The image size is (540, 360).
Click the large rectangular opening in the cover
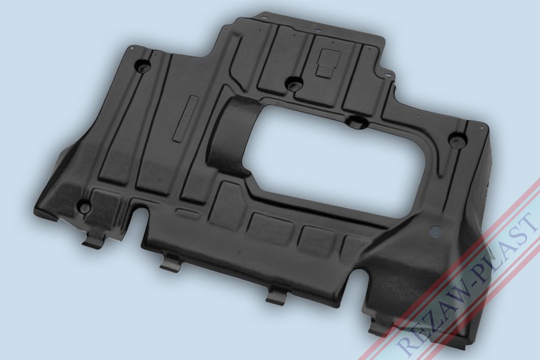[x=334, y=155]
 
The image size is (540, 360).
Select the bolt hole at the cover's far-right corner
[x=457, y=140]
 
